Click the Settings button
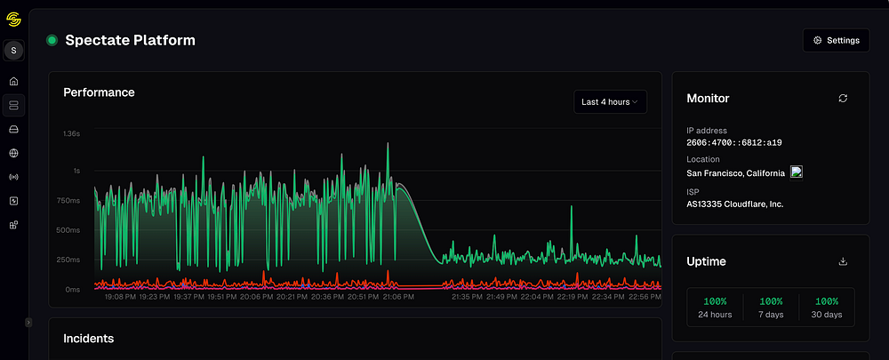click(836, 40)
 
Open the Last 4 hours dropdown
click(610, 102)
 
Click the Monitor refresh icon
click(843, 99)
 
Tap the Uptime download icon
click(843, 261)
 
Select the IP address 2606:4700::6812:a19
click(734, 142)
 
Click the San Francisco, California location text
click(736, 172)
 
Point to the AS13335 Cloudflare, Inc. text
click(735, 204)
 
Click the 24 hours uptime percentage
click(715, 301)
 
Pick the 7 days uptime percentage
click(771, 301)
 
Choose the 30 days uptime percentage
click(827, 301)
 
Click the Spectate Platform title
click(130, 40)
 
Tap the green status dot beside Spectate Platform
click(52, 40)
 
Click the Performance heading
click(99, 92)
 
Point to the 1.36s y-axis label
click(70, 133)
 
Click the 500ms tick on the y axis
click(69, 230)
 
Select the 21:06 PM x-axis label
click(398, 297)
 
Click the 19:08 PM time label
click(119, 297)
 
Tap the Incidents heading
click(88, 339)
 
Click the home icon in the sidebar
click(13, 81)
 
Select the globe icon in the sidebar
click(13, 153)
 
